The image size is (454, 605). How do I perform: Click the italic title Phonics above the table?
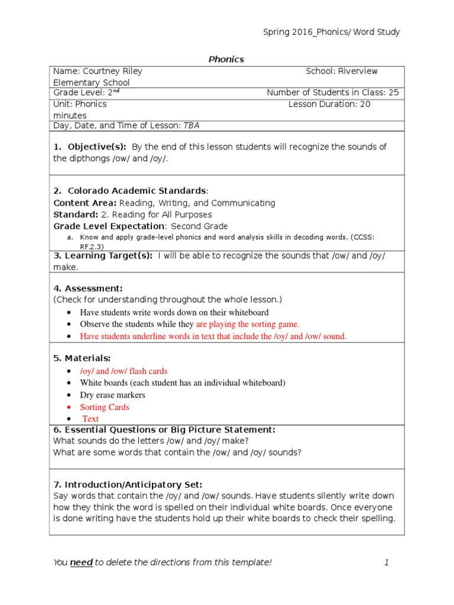tap(226, 59)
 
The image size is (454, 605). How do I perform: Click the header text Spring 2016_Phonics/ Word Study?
tap(331, 32)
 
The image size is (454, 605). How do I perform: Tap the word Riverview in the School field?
tap(358, 71)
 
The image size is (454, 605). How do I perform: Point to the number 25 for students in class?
tap(393, 93)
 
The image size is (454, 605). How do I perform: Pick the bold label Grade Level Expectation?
tap(109, 226)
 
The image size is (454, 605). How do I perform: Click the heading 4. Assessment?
tap(87, 288)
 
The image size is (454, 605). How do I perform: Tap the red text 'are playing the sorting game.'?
tap(248, 324)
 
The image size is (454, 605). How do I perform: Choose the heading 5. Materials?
tap(82, 358)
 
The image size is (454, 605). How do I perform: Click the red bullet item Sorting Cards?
tap(105, 407)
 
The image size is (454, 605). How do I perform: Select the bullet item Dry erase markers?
tap(112, 395)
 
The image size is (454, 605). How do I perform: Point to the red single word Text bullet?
tap(90, 419)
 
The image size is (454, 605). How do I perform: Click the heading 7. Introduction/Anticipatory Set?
tap(128, 484)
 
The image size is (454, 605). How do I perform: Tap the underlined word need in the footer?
tap(81, 562)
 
